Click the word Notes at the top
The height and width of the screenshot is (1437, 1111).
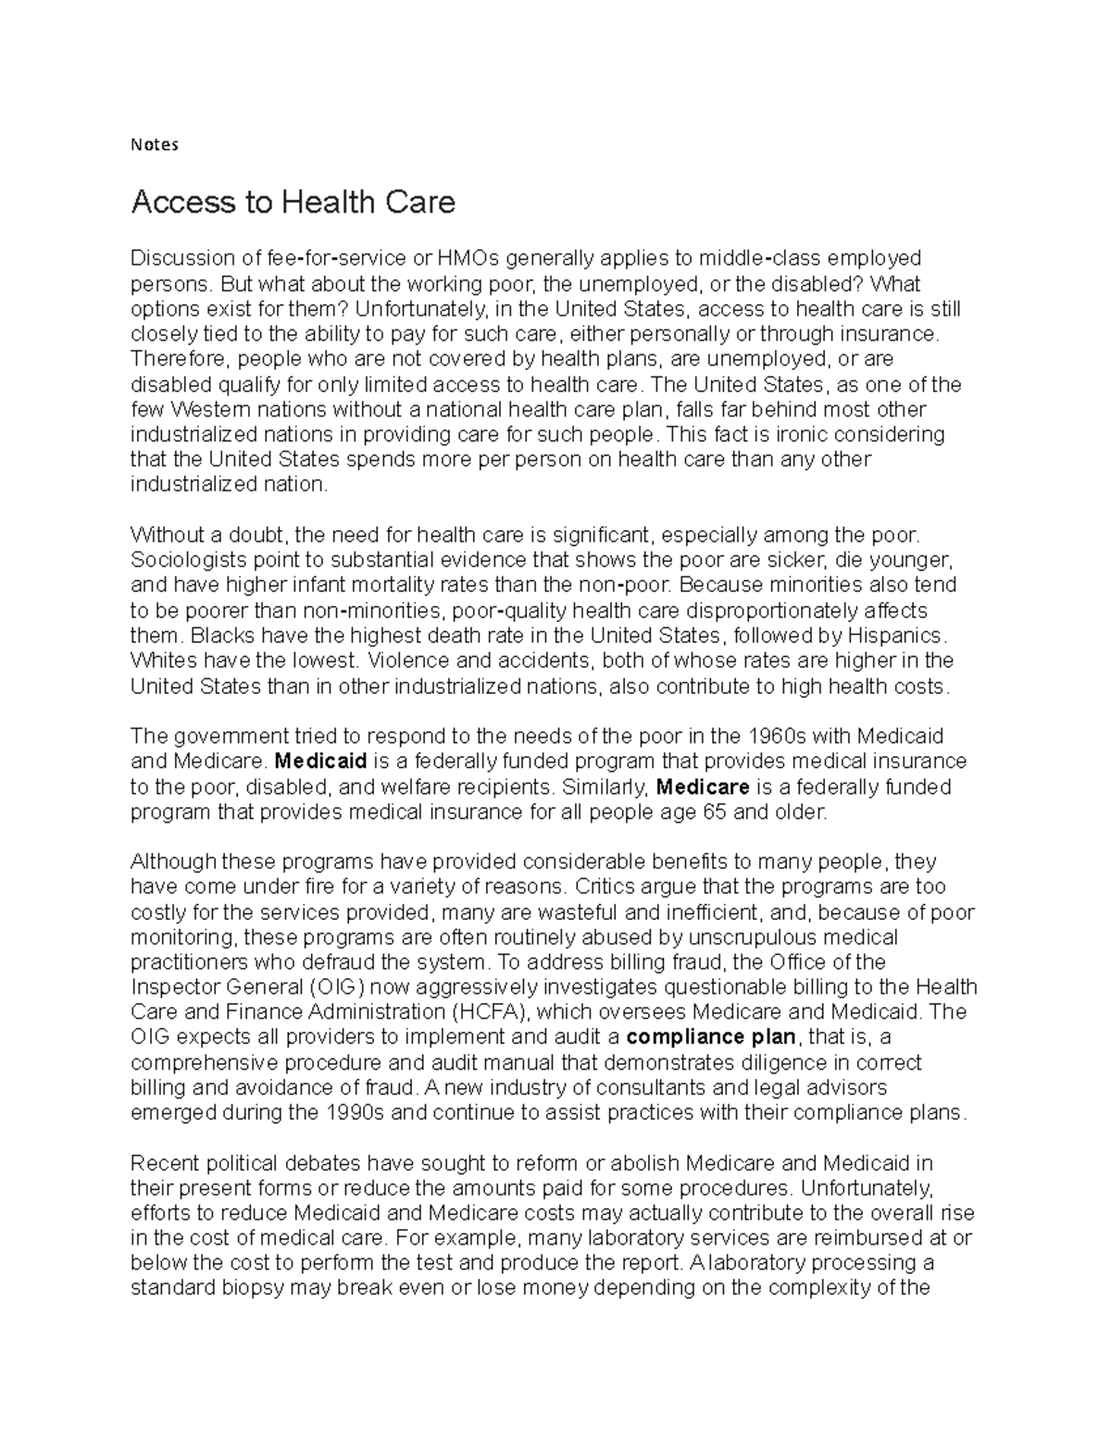[154, 144]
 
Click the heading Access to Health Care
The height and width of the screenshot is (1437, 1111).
[293, 202]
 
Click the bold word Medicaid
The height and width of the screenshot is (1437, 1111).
[322, 762]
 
